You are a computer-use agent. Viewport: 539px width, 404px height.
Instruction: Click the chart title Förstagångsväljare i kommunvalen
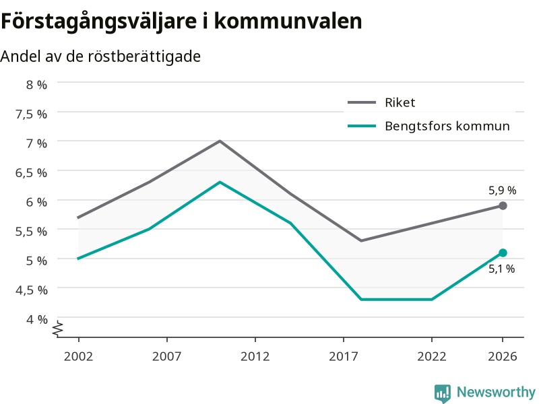(181, 22)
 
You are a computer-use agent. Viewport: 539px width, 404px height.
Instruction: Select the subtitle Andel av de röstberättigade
(100, 57)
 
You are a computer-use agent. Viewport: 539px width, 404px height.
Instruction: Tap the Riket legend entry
(381, 102)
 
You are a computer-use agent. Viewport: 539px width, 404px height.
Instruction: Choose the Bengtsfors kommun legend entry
(429, 126)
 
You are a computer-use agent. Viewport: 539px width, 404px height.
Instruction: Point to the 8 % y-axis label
(37, 85)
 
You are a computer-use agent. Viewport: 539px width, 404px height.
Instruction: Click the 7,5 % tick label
(31, 114)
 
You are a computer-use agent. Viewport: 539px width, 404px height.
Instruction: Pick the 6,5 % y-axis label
(31, 173)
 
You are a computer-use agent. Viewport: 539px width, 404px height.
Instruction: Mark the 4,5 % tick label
(31, 290)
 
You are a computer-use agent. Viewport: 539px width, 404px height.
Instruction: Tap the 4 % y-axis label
(37, 319)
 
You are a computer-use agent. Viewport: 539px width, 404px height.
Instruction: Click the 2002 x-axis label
(78, 356)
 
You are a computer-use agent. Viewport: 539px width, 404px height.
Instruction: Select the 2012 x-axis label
(255, 356)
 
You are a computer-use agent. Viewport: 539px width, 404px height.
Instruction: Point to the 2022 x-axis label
(432, 356)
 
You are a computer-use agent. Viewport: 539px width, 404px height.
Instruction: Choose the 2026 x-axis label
(503, 356)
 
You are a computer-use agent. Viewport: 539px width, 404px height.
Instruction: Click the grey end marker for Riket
(503, 206)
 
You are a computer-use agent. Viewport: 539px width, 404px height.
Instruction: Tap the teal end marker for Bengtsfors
(503, 253)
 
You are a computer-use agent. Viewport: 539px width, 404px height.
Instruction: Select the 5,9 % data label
(502, 191)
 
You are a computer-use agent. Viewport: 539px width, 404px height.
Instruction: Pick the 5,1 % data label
(501, 269)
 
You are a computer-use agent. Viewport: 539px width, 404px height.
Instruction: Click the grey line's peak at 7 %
(220, 141)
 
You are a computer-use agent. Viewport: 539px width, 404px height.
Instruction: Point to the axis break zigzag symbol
(58, 329)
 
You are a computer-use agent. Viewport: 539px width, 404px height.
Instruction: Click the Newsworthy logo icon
(443, 393)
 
